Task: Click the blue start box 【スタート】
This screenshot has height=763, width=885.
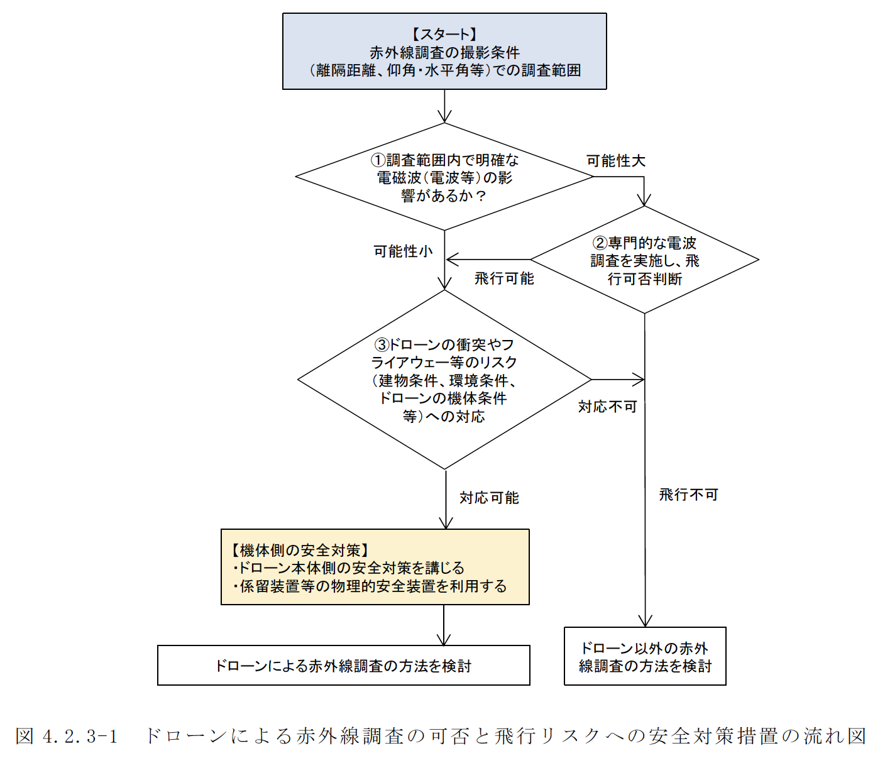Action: [444, 52]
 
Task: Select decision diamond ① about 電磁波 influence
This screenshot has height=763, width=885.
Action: [444, 177]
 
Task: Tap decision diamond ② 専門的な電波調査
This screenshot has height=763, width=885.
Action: [645, 260]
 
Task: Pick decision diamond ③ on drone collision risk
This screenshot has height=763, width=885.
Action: [444, 380]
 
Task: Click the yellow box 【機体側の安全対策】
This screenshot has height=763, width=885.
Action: [375, 568]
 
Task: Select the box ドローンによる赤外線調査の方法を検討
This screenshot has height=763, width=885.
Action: [343, 666]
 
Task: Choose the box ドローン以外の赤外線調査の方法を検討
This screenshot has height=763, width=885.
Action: [645, 657]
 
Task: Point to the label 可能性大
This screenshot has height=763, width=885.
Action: [616, 161]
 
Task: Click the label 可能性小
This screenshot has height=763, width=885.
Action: [403, 251]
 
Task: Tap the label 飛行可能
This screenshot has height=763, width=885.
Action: [504, 278]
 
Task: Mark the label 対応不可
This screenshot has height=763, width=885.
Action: [607, 407]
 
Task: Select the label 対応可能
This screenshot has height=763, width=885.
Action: [489, 498]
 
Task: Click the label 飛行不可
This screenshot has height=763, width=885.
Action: [688, 495]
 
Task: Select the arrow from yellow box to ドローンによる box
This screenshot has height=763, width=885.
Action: [444, 625]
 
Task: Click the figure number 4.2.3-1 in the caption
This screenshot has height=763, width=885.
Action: [80, 736]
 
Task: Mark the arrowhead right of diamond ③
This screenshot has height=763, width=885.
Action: [639, 380]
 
